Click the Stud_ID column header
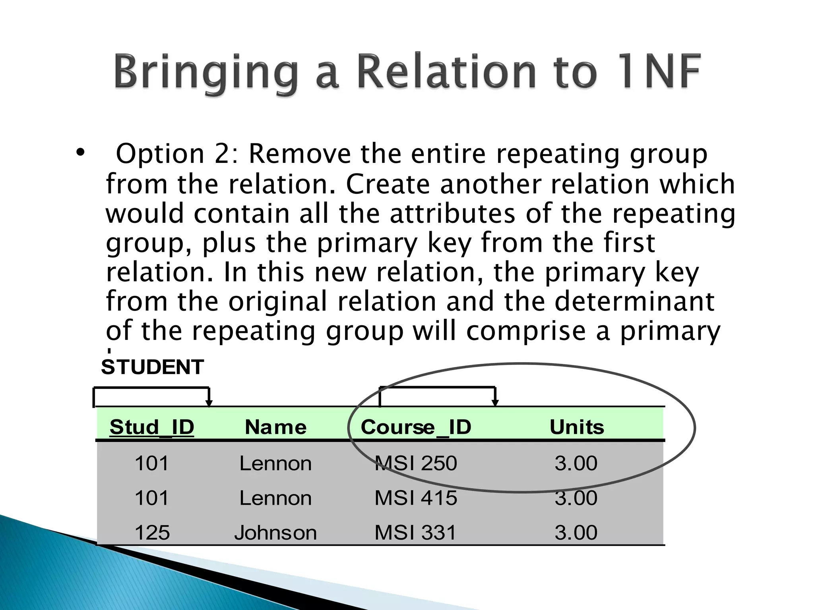(152, 427)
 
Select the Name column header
(275, 427)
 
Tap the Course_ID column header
(416, 427)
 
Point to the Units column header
(577, 427)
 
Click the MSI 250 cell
(416, 463)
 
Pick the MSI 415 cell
(416, 498)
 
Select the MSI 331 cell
(416, 533)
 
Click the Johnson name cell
(275, 533)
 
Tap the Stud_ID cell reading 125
(152, 533)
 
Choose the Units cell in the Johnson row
(576, 533)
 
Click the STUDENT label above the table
(153, 367)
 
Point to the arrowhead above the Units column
(495, 403)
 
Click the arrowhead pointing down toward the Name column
(209, 403)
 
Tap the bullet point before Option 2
(80, 153)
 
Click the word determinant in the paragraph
(634, 301)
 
